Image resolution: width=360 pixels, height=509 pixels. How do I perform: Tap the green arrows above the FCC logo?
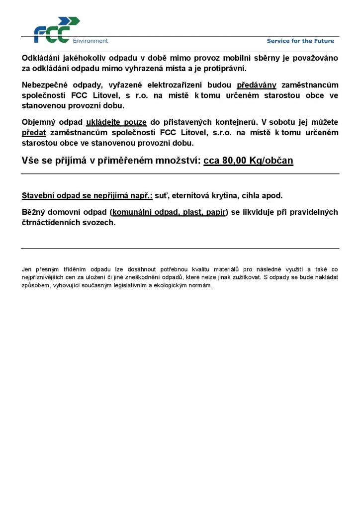click(x=70, y=21)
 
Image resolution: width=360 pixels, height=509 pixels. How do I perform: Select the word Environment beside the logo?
click(x=90, y=41)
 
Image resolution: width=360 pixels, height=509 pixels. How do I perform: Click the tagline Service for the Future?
click(x=300, y=41)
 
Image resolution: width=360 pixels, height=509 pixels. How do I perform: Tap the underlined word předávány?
click(x=256, y=85)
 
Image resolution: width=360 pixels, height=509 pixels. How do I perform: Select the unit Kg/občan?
click(x=273, y=161)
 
